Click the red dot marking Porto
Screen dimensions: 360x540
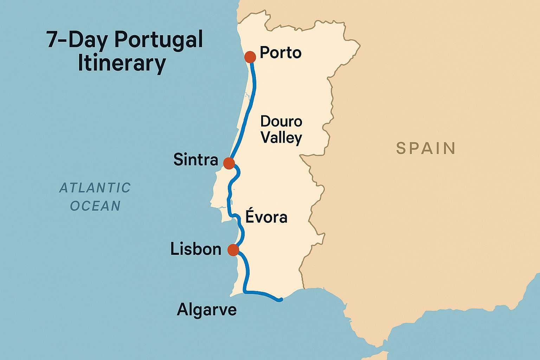click(x=250, y=57)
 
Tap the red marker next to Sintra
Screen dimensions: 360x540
click(x=229, y=163)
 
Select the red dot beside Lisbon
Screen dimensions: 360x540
click(x=233, y=250)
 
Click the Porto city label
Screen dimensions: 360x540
click(x=281, y=53)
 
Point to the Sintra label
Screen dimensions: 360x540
click(x=196, y=160)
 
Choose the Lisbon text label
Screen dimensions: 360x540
click(x=196, y=249)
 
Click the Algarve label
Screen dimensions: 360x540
click(x=207, y=310)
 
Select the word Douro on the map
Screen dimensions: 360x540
click(x=281, y=122)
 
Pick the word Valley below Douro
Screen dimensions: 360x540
click(x=281, y=137)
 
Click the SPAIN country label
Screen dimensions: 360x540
click(x=426, y=148)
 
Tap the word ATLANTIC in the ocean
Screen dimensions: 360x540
click(x=95, y=188)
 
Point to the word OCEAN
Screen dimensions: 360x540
click(x=95, y=206)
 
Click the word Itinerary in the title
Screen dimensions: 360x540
click(x=122, y=63)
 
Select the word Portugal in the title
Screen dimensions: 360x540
click(x=159, y=40)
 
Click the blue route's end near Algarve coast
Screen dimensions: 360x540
click(x=280, y=300)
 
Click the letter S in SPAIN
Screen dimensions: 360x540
click(x=400, y=148)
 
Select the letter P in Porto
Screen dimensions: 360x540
click(x=264, y=53)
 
